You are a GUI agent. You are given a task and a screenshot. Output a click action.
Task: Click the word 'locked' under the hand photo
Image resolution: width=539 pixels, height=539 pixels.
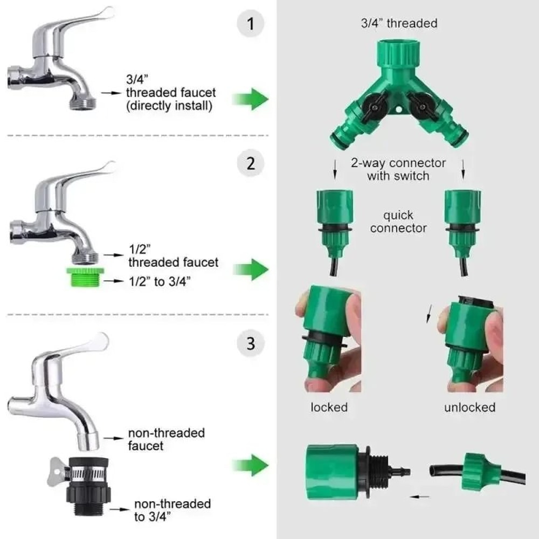(x=329, y=407)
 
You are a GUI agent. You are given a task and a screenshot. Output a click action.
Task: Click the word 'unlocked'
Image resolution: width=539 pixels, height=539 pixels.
(x=469, y=407)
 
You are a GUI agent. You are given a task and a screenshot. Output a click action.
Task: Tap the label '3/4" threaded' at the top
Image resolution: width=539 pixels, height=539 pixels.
(x=399, y=23)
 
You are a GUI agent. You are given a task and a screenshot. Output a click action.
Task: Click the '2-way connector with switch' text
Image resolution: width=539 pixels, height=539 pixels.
(x=398, y=169)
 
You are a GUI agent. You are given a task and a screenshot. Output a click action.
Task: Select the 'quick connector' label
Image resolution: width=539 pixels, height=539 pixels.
(x=398, y=222)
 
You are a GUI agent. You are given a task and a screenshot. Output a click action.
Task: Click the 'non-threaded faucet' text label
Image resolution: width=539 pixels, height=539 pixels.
(x=166, y=439)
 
